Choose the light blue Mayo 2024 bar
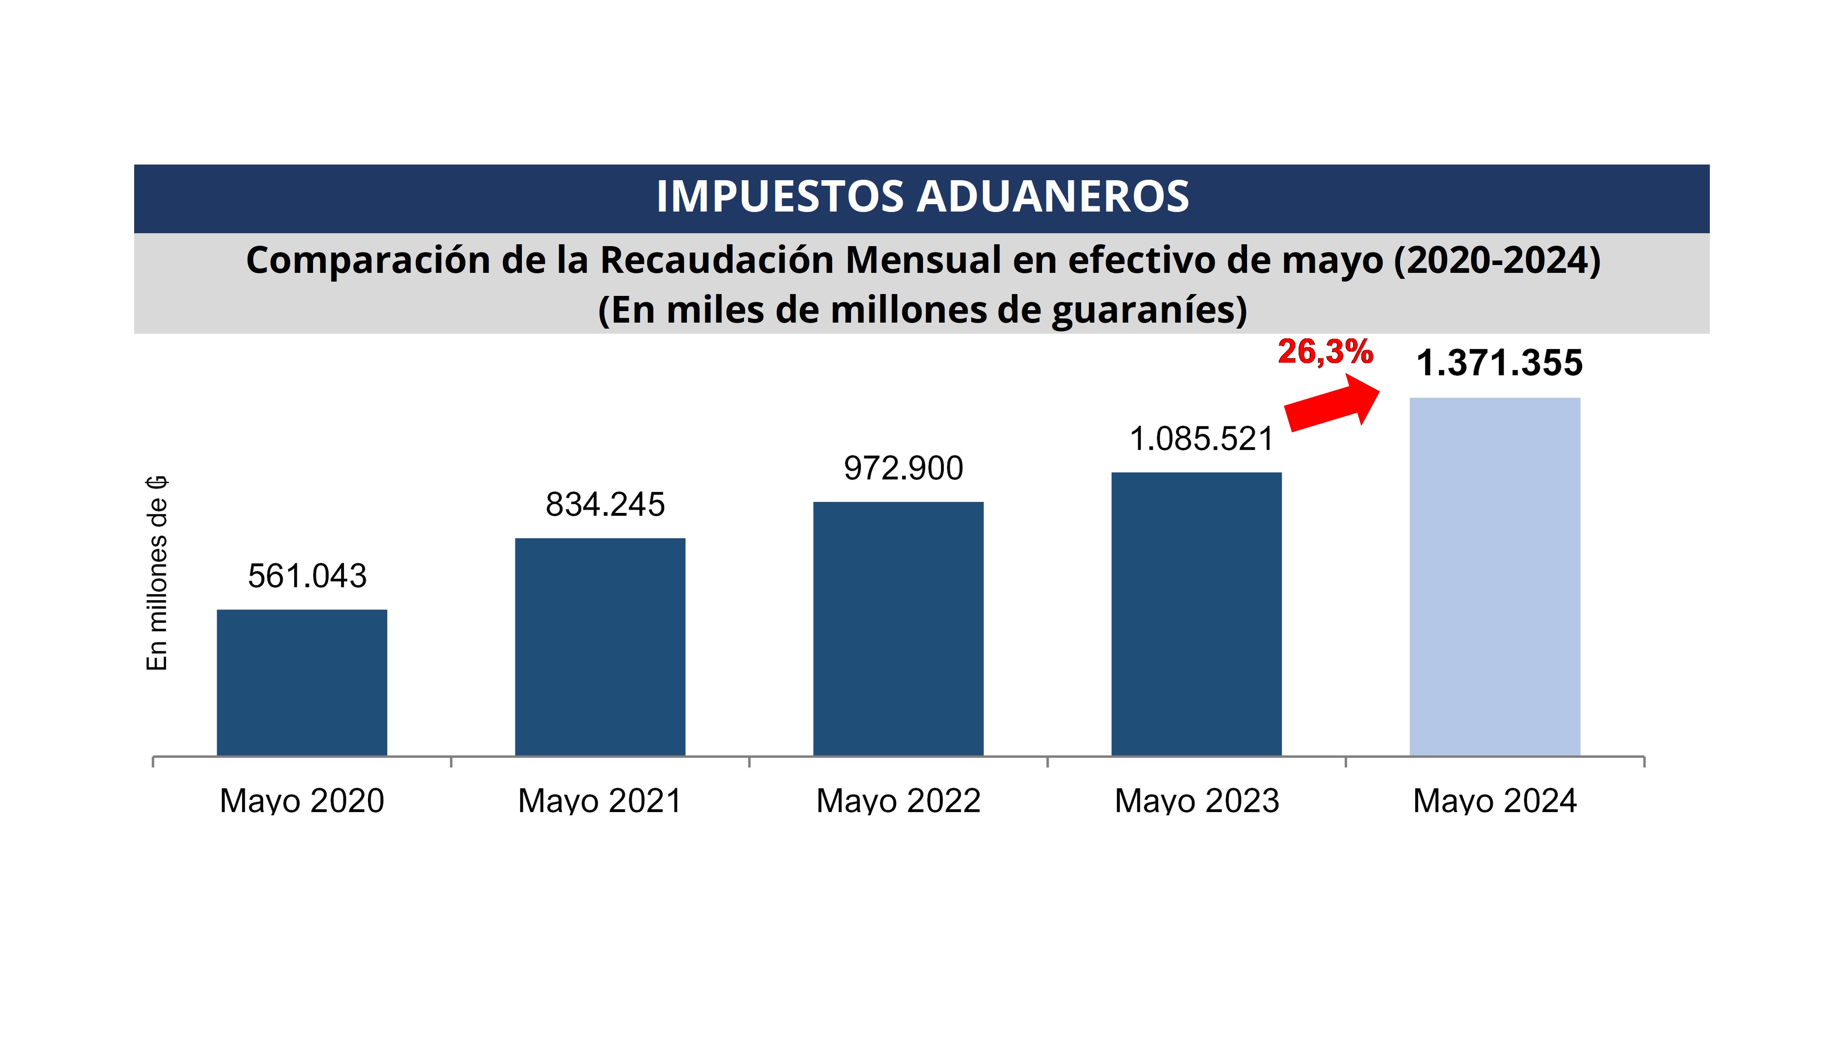point(1495,576)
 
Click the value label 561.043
point(307,576)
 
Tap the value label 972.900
point(904,469)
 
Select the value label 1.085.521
point(1201,439)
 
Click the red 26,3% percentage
point(1325,351)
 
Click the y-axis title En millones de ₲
point(157,572)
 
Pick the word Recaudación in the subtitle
point(718,260)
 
